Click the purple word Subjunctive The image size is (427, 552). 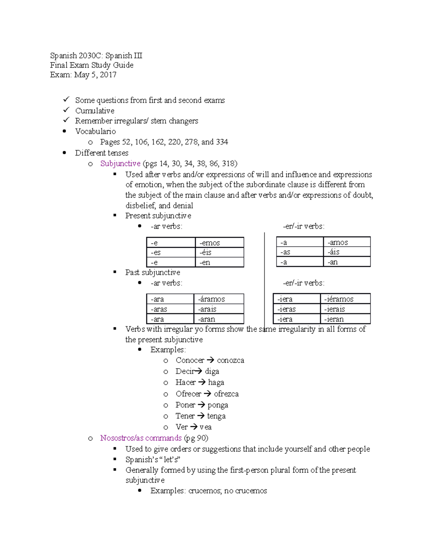coord(120,164)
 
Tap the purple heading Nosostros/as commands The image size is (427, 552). coord(141,438)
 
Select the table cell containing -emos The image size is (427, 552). coord(219,243)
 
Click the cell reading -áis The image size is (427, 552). coord(347,252)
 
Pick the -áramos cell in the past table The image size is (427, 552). coord(218,299)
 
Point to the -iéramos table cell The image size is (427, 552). coord(345,299)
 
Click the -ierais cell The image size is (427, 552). coord(345,309)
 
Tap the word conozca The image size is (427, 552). coord(231,360)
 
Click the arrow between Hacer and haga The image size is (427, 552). coord(202,382)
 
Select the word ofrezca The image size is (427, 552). coord(226,394)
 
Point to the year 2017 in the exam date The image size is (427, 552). coord(108,75)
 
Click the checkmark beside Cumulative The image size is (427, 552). coord(66,110)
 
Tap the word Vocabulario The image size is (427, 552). coord(95,132)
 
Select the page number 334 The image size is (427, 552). coord(222,142)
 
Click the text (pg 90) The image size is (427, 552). coord(196,438)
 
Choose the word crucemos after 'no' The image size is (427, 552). coord(251,491)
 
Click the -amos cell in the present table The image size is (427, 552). coord(347,242)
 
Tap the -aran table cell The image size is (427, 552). coord(218,319)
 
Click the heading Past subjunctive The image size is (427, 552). coord(153,273)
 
